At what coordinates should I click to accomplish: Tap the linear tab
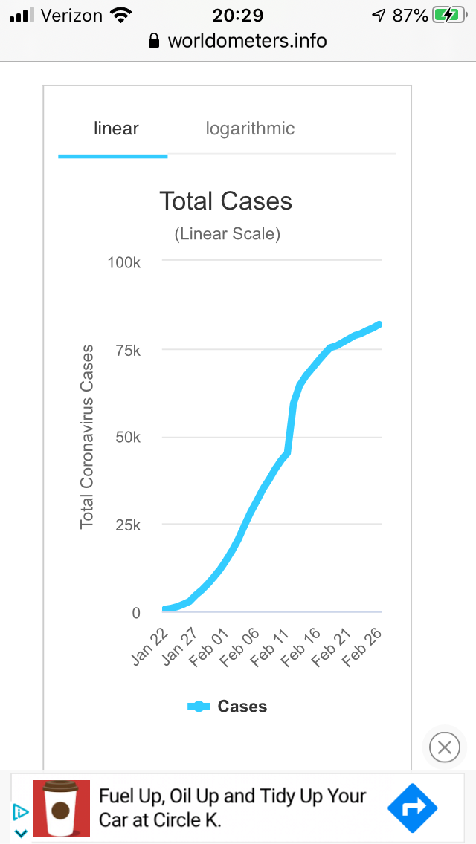tap(116, 129)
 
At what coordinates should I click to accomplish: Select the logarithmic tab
tap(250, 129)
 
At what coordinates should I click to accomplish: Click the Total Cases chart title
tap(225, 201)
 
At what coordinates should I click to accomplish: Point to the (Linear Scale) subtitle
tap(227, 234)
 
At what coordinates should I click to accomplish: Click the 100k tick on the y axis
tap(124, 262)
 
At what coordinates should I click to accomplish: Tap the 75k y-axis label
tap(127, 350)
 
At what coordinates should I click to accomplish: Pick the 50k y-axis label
tap(127, 437)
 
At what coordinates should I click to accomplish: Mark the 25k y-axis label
tap(127, 525)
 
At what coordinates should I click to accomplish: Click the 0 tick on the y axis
tap(136, 613)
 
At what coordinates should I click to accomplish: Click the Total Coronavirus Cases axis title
tap(87, 437)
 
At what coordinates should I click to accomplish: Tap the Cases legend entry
tap(228, 707)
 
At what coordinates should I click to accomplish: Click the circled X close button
tap(444, 747)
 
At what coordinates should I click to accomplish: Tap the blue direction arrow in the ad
tap(413, 808)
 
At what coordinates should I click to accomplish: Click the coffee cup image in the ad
tap(61, 808)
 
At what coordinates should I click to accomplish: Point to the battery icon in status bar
tap(449, 15)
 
